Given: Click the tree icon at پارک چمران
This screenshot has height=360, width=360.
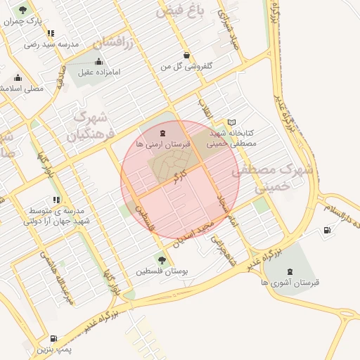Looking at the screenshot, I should pyautogui.click(x=22, y=11).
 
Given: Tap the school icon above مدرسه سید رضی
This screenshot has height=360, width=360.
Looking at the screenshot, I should pyautogui.click(x=50, y=33).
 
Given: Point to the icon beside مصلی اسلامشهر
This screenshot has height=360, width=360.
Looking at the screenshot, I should pyautogui.click(x=18, y=78).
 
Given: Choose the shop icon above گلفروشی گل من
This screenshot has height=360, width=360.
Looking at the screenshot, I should pyautogui.click(x=186, y=55).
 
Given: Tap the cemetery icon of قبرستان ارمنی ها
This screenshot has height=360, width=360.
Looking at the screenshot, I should pyautogui.click(x=162, y=133).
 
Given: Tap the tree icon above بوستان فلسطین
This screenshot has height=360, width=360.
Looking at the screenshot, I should pyautogui.click(x=162, y=260).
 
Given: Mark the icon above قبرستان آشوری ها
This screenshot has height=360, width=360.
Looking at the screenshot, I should pyautogui.click(x=290, y=271).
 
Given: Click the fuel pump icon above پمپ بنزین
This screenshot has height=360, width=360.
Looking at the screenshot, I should pyautogui.click(x=54, y=338).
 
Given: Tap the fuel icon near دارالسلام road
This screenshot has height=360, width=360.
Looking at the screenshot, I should pyautogui.click(x=327, y=230).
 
